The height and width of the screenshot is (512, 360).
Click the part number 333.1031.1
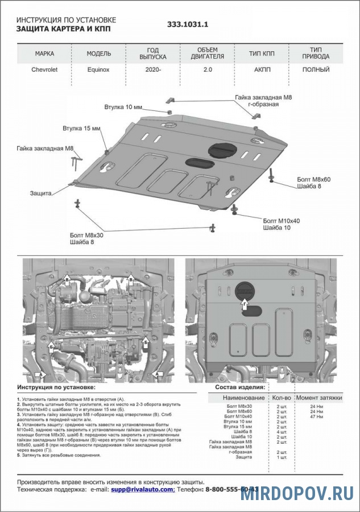point(188,25)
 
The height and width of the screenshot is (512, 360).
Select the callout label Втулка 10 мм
point(139,107)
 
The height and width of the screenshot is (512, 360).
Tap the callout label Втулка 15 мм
point(81,128)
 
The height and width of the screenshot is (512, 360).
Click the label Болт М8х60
point(313,179)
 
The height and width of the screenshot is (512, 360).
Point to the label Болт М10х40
point(281,220)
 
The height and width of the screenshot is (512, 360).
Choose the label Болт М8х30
point(86,234)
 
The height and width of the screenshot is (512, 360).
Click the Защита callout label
point(42,193)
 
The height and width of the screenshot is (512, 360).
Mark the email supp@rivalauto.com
point(142,489)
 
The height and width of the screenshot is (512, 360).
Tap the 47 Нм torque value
point(316,417)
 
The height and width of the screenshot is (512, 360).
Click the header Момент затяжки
point(319,398)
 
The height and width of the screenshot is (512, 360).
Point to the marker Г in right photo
point(245,305)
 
